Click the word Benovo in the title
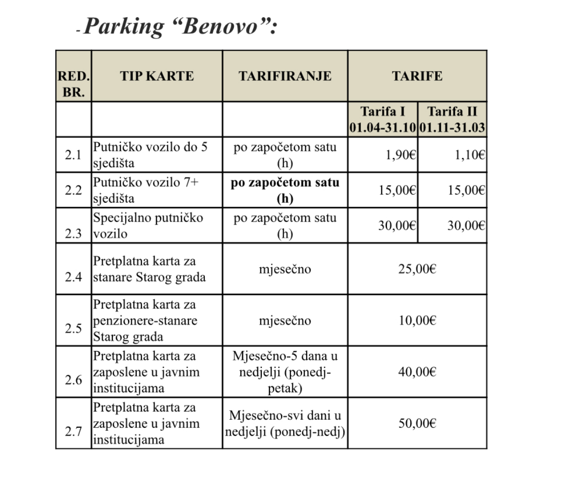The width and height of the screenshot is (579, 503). (220, 25)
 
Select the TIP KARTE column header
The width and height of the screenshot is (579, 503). (157, 76)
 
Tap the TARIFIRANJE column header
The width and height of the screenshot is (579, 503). (285, 76)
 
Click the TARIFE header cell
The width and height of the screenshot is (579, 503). (417, 76)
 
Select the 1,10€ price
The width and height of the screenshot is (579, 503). (470, 155)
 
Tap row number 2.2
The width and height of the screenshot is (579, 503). (73, 191)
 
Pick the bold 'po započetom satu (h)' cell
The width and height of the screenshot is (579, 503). (285, 190)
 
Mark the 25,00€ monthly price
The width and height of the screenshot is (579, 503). (417, 269)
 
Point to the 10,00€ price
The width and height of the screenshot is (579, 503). (417, 321)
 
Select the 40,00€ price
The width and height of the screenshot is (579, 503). (417, 372)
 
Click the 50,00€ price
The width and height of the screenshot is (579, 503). (417, 423)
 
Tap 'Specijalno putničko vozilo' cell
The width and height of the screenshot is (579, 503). (147, 226)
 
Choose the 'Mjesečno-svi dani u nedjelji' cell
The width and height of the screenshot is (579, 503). (285, 423)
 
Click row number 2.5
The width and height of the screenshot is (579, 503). (73, 328)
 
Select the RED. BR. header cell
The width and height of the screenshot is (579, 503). (73, 84)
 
